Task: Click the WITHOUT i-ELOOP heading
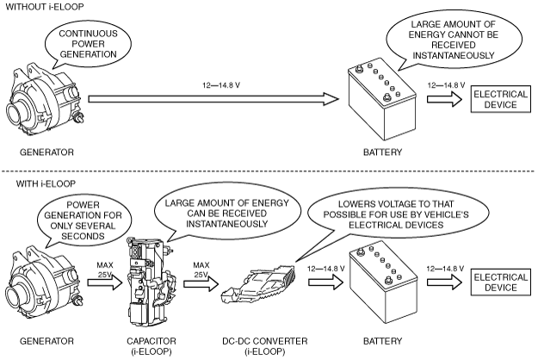[45, 7]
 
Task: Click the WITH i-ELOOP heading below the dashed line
[46, 184]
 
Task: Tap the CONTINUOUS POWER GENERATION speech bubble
[88, 44]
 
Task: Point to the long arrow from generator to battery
[213, 99]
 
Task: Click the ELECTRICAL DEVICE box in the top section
[501, 99]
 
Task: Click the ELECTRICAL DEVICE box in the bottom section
[501, 282]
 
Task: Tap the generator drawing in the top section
[44, 101]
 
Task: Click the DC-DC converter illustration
[258, 284]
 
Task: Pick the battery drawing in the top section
[382, 102]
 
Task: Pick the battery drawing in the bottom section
[383, 284]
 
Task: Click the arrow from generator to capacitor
[105, 282]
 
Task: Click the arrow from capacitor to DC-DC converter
[201, 284]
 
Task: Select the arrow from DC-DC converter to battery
[325, 282]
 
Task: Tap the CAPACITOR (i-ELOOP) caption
[152, 346]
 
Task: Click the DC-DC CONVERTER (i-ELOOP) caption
[265, 346]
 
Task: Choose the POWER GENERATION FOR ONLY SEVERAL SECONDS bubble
[83, 220]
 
